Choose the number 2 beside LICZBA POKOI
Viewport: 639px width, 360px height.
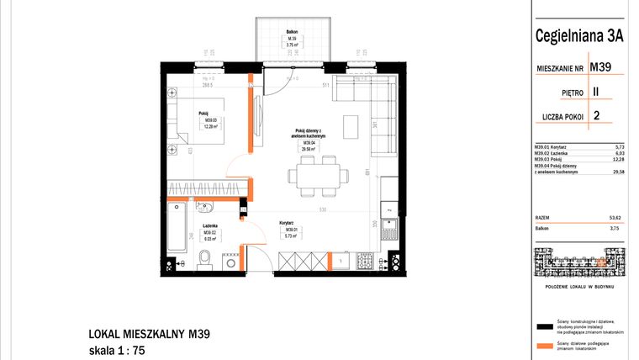coord(596,117)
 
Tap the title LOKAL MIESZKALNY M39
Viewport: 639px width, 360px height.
coord(148,334)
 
